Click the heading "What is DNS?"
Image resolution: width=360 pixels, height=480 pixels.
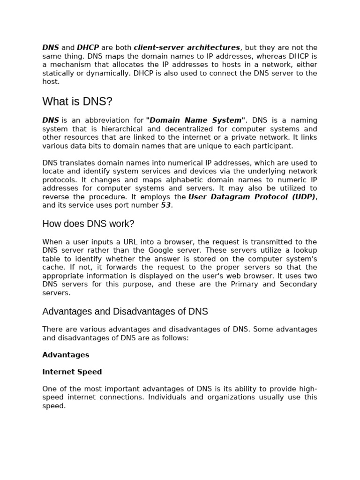point(77,102)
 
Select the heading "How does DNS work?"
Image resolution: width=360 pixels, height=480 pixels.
point(88,224)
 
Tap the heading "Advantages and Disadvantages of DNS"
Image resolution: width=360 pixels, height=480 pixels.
point(125,312)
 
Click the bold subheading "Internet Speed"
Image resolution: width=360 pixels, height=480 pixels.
point(72,372)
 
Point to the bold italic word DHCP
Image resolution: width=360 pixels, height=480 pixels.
point(88,48)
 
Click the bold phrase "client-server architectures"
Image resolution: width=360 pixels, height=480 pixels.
point(187,48)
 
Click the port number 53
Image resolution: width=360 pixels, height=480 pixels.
point(166,205)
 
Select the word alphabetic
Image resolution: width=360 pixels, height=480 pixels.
point(201,180)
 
